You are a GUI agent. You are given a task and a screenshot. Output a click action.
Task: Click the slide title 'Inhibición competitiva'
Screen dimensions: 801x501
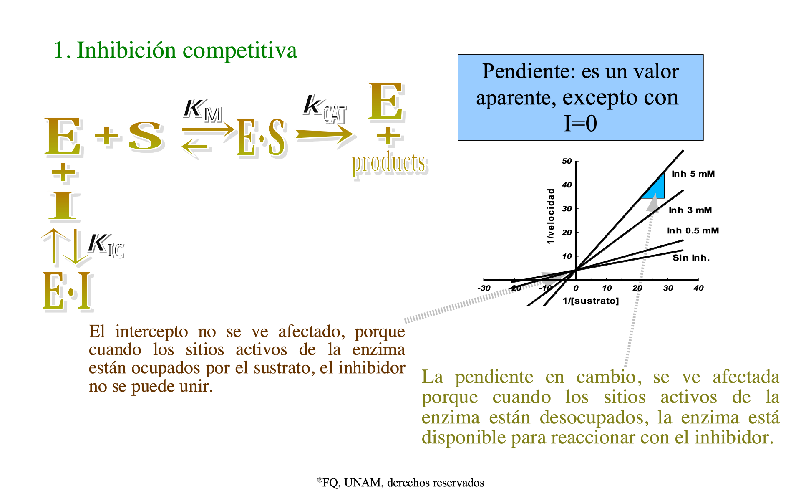click(x=187, y=51)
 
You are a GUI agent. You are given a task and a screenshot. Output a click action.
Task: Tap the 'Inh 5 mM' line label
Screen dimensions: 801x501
click(x=693, y=174)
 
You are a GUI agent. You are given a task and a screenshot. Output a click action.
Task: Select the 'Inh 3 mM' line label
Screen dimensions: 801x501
click(x=690, y=210)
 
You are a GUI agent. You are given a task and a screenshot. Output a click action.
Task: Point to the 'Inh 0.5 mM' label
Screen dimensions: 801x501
click(x=693, y=230)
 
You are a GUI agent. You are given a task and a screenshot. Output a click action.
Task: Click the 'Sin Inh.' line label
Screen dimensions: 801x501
click(x=691, y=258)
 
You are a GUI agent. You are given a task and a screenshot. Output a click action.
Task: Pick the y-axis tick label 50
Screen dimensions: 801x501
click(x=567, y=161)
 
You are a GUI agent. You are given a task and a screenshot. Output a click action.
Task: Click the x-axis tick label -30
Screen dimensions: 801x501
click(x=484, y=288)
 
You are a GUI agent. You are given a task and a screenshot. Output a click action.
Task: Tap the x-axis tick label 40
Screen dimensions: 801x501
click(x=699, y=288)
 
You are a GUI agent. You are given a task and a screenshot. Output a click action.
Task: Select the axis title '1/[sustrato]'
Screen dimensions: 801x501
click(x=591, y=301)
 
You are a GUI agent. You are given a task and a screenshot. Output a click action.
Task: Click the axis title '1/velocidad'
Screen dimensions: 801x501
click(x=551, y=216)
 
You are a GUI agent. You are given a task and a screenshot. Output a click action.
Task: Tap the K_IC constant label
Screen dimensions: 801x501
click(x=106, y=245)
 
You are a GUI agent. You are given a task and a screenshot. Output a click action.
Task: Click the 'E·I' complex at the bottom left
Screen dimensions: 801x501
click(x=68, y=291)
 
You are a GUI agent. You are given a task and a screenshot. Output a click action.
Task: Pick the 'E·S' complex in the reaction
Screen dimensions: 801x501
click(x=262, y=138)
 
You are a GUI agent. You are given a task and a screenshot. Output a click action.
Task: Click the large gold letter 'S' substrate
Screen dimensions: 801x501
click(x=145, y=136)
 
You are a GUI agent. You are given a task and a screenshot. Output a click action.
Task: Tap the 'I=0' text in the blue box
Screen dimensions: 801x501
click(x=580, y=124)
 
